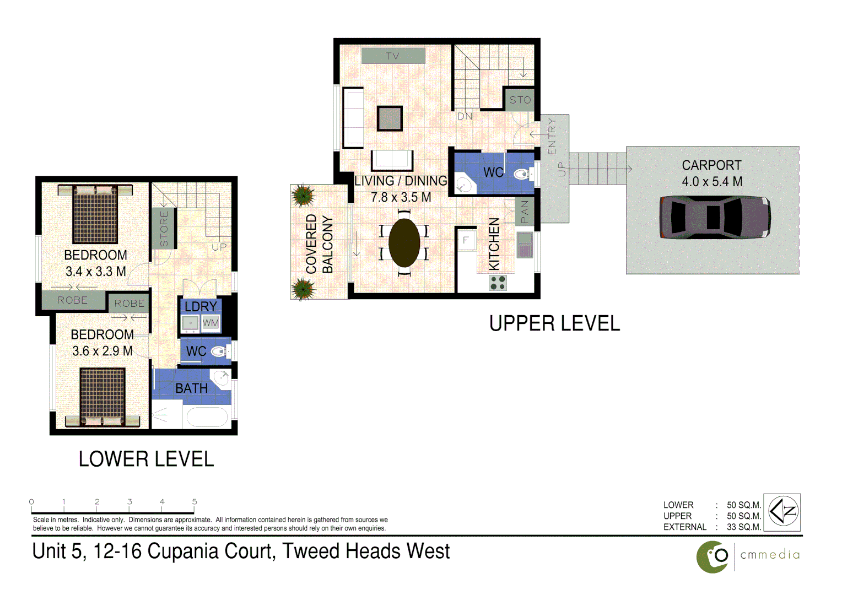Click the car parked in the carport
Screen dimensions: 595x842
715,217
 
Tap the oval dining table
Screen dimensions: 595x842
404,243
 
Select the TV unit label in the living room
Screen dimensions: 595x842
393,56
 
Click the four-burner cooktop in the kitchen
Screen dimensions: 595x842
498,283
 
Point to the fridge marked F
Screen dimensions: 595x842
466,240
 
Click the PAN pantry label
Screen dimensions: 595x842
524,212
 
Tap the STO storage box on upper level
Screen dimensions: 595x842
520,100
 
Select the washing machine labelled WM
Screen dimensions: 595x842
210,323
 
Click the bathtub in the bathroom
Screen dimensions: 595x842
207,418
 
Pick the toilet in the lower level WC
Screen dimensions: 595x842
220,351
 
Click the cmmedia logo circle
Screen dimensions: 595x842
713,557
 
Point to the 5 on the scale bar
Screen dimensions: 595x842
195,501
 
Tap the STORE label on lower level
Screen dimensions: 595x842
164,228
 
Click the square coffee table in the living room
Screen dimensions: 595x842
390,118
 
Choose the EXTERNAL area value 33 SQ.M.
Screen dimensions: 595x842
743,527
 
